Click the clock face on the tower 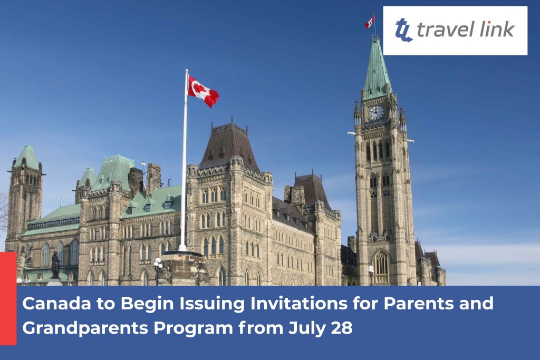375,113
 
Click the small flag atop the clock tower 370,22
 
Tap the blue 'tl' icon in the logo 403,30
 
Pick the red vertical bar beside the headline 8,298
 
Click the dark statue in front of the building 55,265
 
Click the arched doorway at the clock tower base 381,267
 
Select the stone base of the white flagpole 182,268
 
